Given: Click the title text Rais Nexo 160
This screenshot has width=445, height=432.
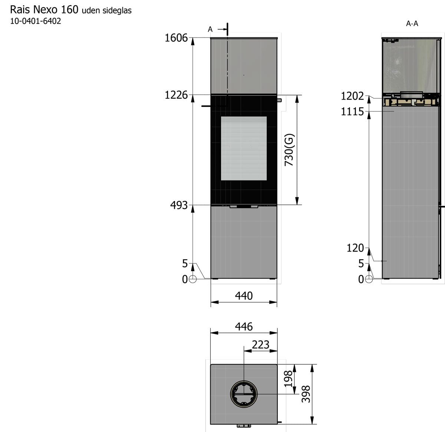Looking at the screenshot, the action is [x=44, y=10].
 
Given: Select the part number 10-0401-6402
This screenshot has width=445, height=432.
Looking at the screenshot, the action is [x=36, y=21].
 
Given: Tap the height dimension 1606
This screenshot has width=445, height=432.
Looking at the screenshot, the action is [x=176, y=38].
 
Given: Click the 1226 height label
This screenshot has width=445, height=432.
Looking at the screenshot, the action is [x=176, y=95].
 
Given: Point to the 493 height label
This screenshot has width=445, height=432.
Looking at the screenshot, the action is [x=179, y=205].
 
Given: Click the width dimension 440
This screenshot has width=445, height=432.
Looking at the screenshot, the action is [x=244, y=296].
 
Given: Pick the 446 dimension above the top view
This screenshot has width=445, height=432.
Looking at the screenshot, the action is [x=244, y=327].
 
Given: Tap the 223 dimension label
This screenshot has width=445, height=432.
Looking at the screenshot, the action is [x=260, y=344].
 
